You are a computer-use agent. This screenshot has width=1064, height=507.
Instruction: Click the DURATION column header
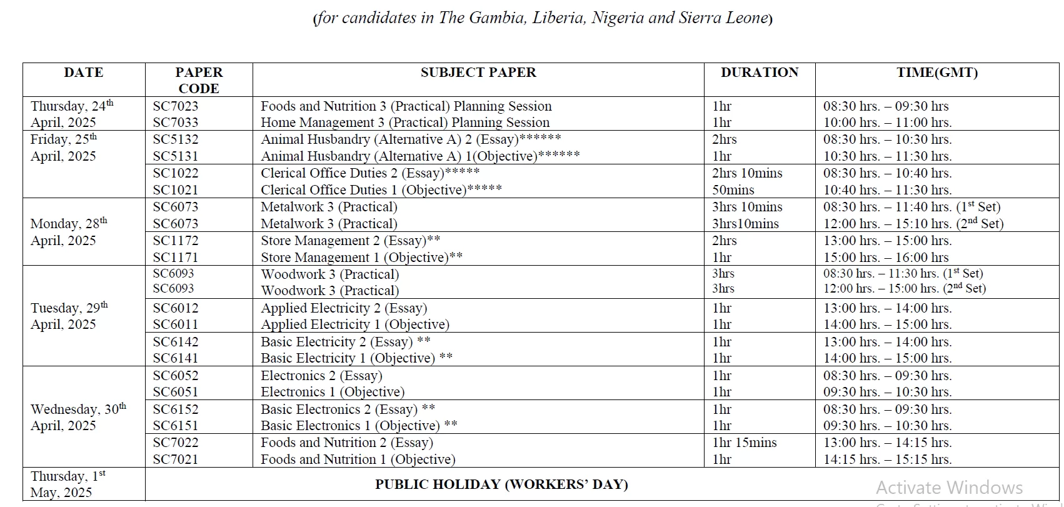(x=759, y=73)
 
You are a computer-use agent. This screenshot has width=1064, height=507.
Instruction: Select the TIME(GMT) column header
(x=936, y=73)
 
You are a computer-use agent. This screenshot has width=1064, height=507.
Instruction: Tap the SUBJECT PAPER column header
(x=478, y=73)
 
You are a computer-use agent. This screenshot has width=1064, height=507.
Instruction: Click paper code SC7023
(x=175, y=106)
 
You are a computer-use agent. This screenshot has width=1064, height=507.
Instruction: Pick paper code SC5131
(x=175, y=156)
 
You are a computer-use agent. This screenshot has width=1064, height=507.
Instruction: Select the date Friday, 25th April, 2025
(x=64, y=148)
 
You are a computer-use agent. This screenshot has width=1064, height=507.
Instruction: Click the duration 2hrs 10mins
(x=747, y=173)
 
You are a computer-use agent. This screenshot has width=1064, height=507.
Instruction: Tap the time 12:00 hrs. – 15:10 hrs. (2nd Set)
(x=913, y=224)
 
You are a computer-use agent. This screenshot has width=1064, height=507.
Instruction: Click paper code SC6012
(x=175, y=308)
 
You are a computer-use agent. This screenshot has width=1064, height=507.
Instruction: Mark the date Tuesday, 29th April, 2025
(x=69, y=316)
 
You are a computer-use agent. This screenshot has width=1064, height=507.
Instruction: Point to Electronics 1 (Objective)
(x=333, y=392)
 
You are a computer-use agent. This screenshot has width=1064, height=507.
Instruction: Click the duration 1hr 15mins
(x=744, y=443)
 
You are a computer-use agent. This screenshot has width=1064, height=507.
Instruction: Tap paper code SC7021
(x=175, y=459)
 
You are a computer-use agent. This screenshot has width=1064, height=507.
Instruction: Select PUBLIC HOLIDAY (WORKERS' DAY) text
(x=501, y=484)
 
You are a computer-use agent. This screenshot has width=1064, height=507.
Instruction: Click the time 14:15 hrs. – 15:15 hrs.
(x=887, y=459)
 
